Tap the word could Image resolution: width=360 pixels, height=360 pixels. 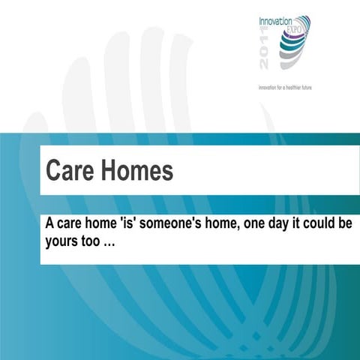pos(307,224)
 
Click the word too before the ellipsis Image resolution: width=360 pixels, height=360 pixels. pos(95,244)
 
